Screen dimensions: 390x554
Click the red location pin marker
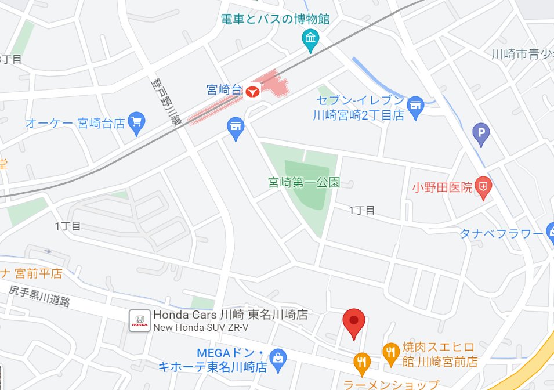pyautogui.click(x=353, y=323)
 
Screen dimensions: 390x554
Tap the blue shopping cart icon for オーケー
pyautogui.click(x=137, y=121)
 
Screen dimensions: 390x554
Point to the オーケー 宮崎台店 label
pyautogui.click(x=75, y=123)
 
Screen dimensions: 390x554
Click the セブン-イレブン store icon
pyautogui.click(x=415, y=106)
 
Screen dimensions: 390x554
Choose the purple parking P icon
pyautogui.click(x=481, y=135)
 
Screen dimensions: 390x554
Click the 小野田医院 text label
pyautogui.click(x=442, y=187)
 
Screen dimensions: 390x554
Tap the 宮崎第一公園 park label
pyautogui.click(x=303, y=183)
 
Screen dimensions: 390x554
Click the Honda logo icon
pyautogui.click(x=139, y=320)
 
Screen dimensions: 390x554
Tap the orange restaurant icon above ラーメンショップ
pyautogui.click(x=363, y=362)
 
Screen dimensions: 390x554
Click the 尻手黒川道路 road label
pyautogui.click(x=39, y=294)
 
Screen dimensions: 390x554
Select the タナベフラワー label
pyautogui.click(x=501, y=233)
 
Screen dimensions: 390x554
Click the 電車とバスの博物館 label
pyautogui.click(x=276, y=19)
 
